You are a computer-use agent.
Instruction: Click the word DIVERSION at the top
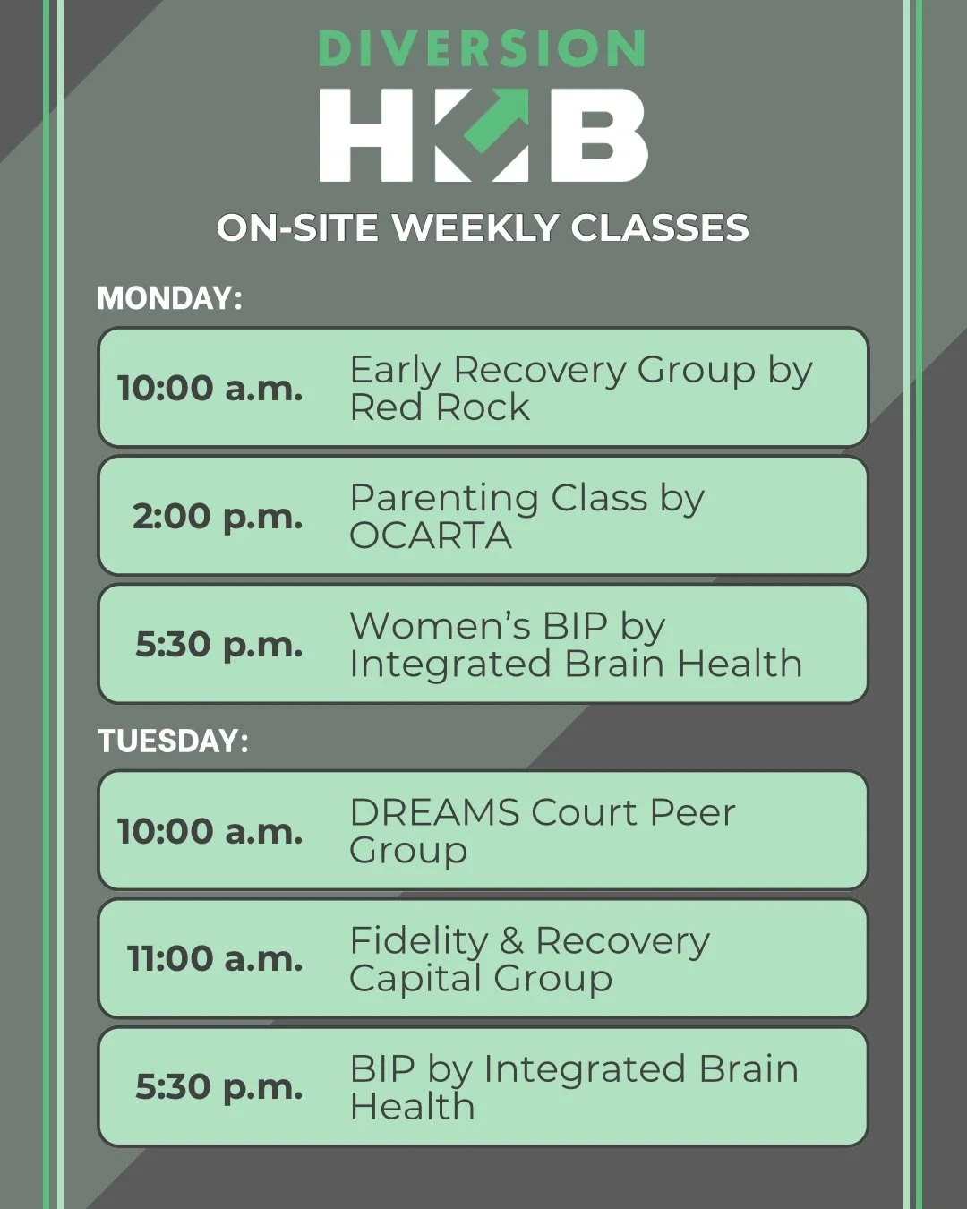(x=482, y=50)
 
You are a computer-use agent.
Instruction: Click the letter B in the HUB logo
(x=598, y=135)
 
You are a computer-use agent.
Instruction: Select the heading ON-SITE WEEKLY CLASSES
(x=483, y=228)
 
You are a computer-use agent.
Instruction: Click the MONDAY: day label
(x=169, y=298)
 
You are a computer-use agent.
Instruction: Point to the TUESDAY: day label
(x=173, y=741)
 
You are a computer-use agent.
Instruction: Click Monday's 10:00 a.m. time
(x=210, y=388)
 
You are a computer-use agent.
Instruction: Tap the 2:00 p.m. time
(x=218, y=516)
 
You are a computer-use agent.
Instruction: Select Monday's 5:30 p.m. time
(x=218, y=644)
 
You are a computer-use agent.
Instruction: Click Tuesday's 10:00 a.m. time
(x=210, y=831)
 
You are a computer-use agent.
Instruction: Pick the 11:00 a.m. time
(x=215, y=958)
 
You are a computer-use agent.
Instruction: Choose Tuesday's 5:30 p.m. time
(x=218, y=1086)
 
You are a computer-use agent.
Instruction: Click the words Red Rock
(x=440, y=408)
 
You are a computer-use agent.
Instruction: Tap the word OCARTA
(x=431, y=536)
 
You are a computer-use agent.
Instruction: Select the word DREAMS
(x=434, y=812)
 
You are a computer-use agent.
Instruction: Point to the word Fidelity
(x=418, y=940)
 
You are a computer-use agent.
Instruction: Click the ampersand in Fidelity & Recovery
(x=511, y=941)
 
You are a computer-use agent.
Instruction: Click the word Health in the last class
(x=412, y=1107)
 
